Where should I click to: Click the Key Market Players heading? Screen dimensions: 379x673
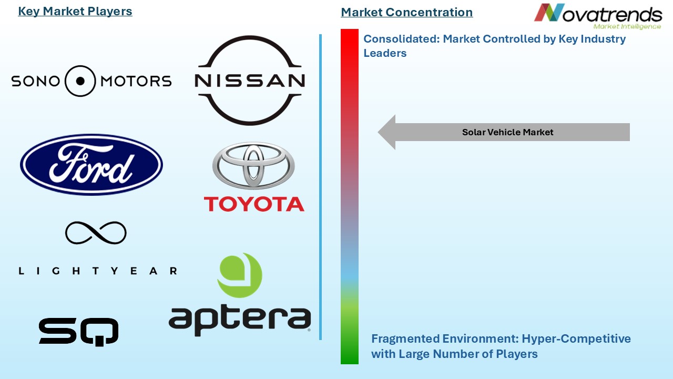pyautogui.click(x=75, y=12)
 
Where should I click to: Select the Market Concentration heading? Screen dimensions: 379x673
pyautogui.click(x=406, y=12)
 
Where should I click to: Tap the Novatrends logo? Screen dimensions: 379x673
pyautogui.click(x=598, y=16)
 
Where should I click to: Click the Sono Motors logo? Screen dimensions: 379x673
pyautogui.click(x=91, y=81)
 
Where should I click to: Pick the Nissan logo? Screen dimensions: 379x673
pyautogui.click(x=249, y=80)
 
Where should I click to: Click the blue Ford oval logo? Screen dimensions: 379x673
pyautogui.click(x=91, y=165)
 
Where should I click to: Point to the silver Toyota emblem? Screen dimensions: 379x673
pyautogui.click(x=253, y=165)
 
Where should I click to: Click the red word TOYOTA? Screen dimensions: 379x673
pyautogui.click(x=254, y=204)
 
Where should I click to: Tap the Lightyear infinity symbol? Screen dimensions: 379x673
pyautogui.click(x=96, y=233)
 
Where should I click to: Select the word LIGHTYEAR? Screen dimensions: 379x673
pyautogui.click(x=98, y=271)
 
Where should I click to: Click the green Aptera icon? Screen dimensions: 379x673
pyautogui.click(x=240, y=275)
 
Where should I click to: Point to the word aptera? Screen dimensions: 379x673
pyautogui.click(x=240, y=318)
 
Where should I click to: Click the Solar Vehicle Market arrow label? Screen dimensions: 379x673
pyautogui.click(x=507, y=133)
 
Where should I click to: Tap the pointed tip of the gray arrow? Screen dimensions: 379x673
pyautogui.click(x=380, y=133)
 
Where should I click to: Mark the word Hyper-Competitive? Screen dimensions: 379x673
pyautogui.click(x=575, y=338)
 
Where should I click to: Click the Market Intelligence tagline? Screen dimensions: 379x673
pyautogui.click(x=627, y=26)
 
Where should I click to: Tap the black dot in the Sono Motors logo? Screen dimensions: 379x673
pyautogui.click(x=80, y=81)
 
